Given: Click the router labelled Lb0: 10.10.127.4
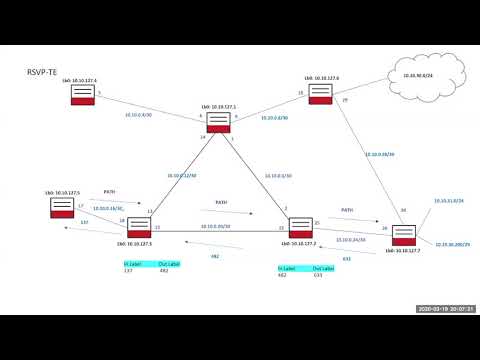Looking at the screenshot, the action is (x=83, y=96).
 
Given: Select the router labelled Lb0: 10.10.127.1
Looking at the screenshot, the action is (x=218, y=122).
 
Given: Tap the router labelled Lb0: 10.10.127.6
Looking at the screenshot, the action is (x=320, y=93).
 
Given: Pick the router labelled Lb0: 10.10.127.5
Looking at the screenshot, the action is (x=62, y=208).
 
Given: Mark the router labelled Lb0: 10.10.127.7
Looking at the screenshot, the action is (x=403, y=236).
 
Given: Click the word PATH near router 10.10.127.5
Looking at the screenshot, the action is (x=110, y=191).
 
